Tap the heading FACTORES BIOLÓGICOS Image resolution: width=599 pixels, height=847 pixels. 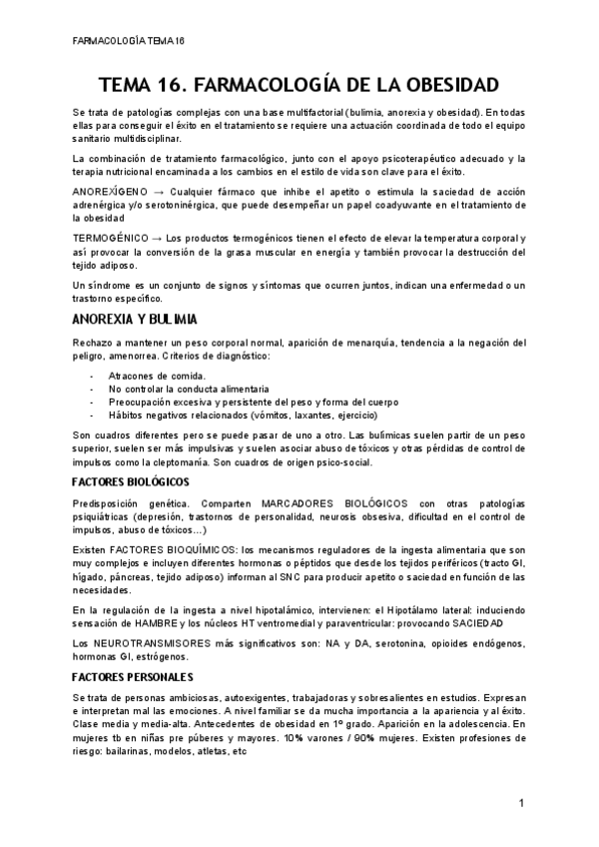tap(125, 480)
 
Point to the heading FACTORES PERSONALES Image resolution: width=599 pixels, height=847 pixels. tap(123, 676)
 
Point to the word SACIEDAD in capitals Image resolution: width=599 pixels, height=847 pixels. tap(457, 622)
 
